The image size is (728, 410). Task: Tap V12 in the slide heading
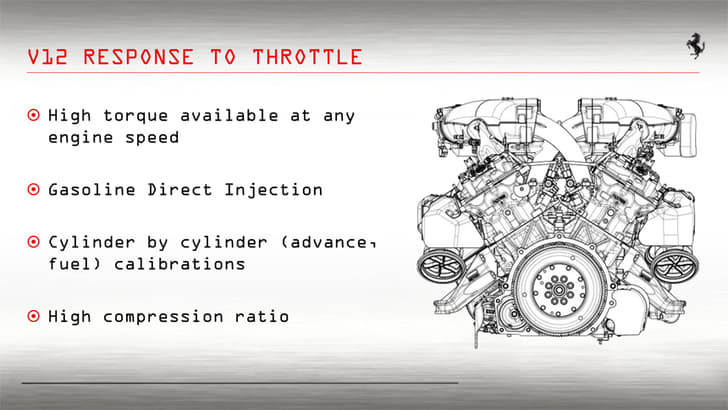click(50, 56)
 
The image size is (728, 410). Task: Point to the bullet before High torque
click(33, 116)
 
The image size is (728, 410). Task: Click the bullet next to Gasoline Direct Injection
click(33, 189)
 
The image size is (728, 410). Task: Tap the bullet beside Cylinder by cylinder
click(33, 243)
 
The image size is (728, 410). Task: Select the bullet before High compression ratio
click(33, 316)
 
